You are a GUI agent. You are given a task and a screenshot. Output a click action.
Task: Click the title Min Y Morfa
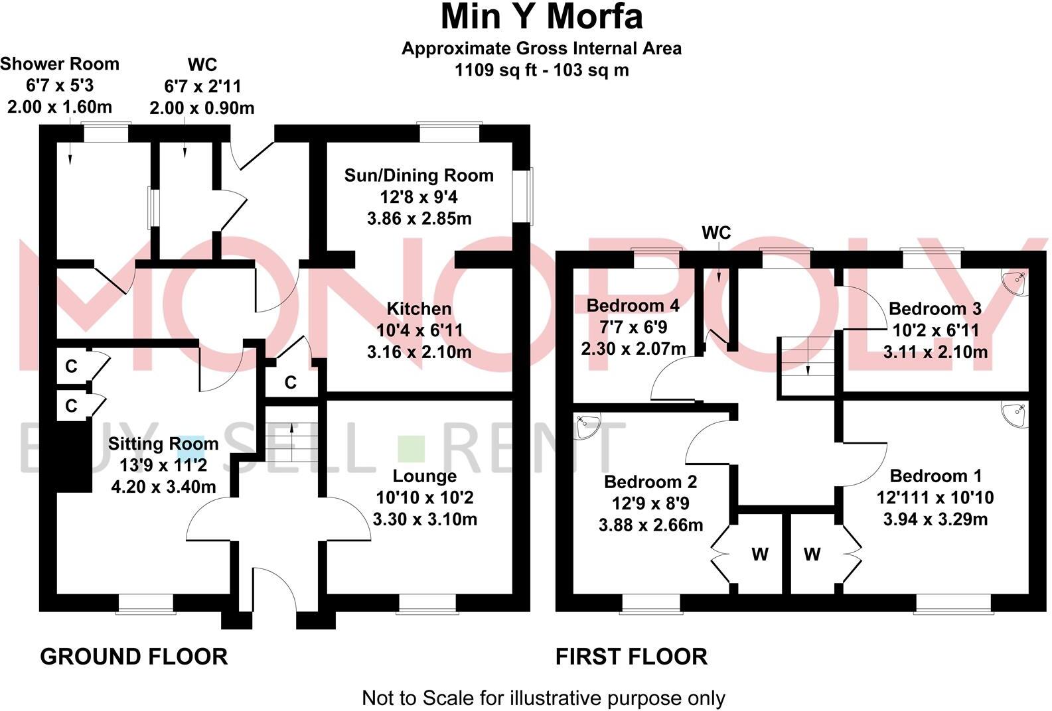[x=542, y=17]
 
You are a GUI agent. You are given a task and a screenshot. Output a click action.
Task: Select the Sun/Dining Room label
[x=419, y=176]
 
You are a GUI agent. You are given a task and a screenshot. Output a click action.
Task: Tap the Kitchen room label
[x=419, y=309]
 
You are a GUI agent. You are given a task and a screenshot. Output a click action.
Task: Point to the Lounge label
[x=425, y=476]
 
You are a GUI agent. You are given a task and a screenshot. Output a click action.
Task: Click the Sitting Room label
[x=163, y=444]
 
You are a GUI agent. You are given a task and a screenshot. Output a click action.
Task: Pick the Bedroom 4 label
[x=633, y=306]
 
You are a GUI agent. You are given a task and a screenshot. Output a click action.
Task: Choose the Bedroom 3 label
[x=935, y=309]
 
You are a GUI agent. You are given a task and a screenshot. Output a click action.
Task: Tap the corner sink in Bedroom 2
[x=587, y=426]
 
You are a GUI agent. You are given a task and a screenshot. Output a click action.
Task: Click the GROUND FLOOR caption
[x=134, y=657]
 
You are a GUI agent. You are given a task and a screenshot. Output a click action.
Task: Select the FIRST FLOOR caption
[x=631, y=657]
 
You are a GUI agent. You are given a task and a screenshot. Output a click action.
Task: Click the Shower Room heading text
[x=60, y=64]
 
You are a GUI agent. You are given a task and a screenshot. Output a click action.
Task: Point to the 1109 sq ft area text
[x=493, y=70]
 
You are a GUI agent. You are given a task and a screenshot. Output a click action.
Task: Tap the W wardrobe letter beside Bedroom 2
[x=759, y=554]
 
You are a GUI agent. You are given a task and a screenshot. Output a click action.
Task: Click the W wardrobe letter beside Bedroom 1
[x=812, y=554]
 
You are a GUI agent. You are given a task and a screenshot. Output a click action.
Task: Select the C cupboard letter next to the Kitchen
[x=290, y=383]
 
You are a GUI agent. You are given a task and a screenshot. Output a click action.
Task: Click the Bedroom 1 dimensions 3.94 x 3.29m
[x=935, y=519]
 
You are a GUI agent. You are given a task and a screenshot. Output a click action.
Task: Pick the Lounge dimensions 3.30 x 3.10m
[x=425, y=519]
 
